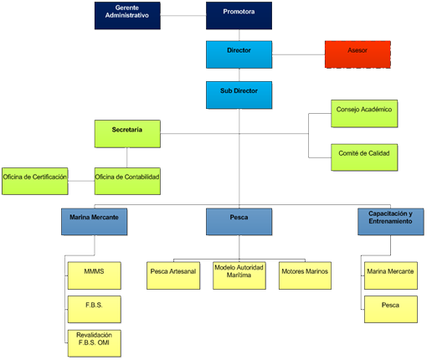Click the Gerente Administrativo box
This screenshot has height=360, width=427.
click(x=127, y=16)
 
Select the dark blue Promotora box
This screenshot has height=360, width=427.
click(x=239, y=16)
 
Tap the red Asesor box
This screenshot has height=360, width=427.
click(x=358, y=54)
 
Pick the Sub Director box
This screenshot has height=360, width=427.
click(x=239, y=95)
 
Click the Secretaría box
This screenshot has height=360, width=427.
click(x=127, y=134)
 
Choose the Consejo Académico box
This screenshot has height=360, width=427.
click(x=364, y=114)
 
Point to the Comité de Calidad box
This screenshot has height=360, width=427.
click(x=364, y=157)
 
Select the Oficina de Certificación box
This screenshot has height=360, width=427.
click(x=35, y=181)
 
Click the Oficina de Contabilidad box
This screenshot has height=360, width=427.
click(x=127, y=181)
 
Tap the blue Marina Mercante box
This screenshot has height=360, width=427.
click(x=95, y=222)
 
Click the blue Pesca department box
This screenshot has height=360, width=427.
click(x=239, y=222)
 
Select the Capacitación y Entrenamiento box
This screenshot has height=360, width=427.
click(x=391, y=222)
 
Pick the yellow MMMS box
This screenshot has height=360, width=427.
click(x=95, y=275)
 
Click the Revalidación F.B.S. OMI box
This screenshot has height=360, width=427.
click(x=95, y=343)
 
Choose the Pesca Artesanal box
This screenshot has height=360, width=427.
click(x=173, y=275)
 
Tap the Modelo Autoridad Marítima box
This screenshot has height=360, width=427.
click(x=239, y=275)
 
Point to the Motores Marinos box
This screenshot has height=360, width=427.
click(x=305, y=275)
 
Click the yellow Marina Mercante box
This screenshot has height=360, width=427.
click(x=391, y=275)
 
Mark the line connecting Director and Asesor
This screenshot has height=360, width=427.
click(x=299, y=54)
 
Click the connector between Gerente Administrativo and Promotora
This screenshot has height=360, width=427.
click(x=183, y=16)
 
